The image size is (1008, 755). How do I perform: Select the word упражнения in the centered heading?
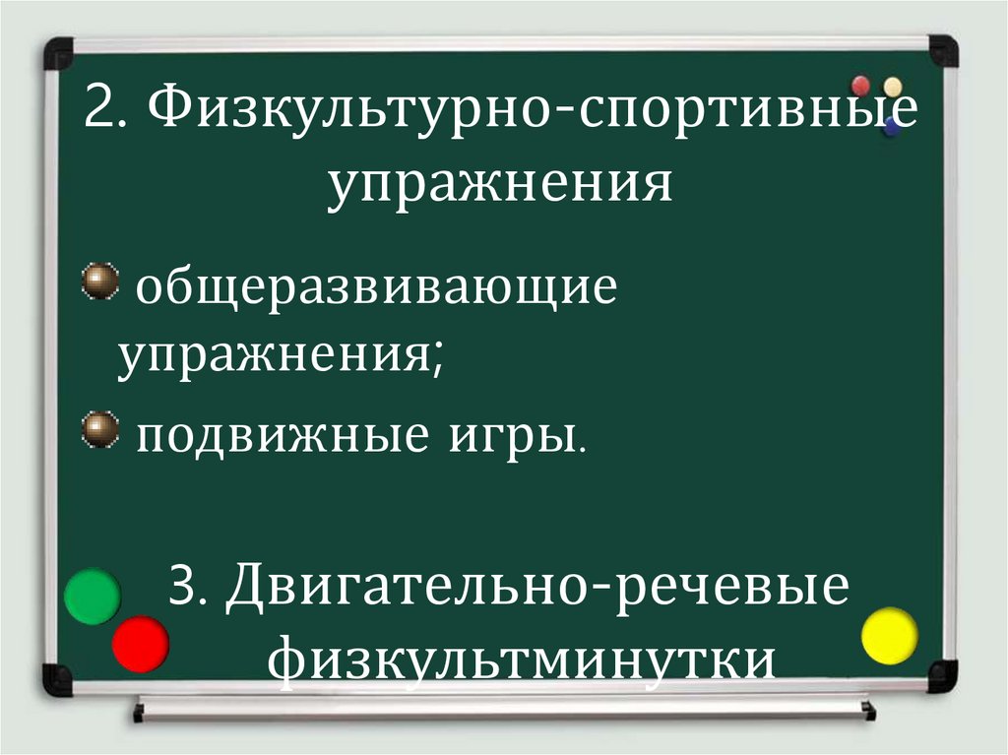coord(501,184)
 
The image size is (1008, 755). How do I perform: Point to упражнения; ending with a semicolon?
coord(280,355)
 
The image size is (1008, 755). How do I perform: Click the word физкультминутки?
coord(521,659)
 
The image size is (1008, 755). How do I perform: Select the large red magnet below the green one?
coord(140,644)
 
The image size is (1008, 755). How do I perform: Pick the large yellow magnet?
coord(889,635)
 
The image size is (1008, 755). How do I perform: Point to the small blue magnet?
coord(892,126)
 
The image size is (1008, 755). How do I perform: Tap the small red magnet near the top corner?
coord(861,85)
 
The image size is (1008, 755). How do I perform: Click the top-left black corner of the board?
coord(58,52)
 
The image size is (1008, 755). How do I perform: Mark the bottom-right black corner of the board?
coord(942,675)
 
